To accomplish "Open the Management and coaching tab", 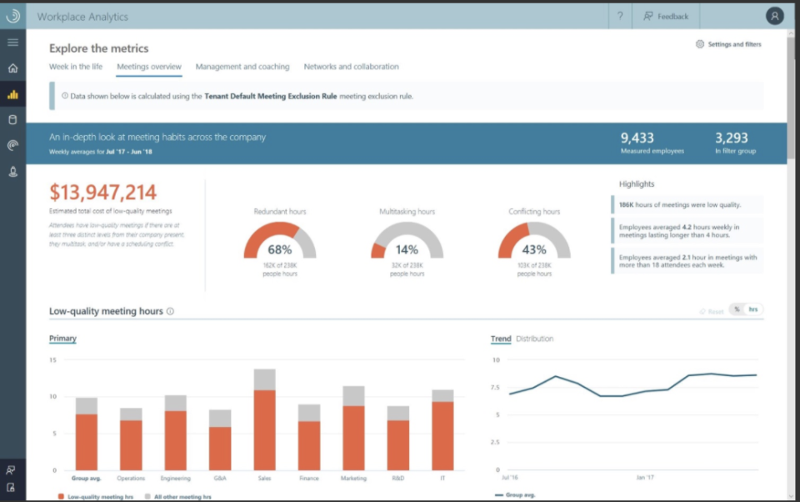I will (x=242, y=67).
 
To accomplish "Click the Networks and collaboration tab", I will (x=351, y=67).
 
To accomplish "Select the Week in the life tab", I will (x=76, y=67).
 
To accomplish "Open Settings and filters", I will (x=728, y=44).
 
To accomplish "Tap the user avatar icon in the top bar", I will (x=775, y=16).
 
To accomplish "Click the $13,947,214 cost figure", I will (x=102, y=193).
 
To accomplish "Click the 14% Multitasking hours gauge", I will (x=407, y=243).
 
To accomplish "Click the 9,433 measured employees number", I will (x=637, y=138).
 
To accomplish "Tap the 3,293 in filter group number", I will (x=732, y=138).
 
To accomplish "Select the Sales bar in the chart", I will (x=264, y=425).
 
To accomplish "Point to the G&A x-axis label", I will (x=220, y=479).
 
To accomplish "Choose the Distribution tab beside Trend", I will (x=534, y=339).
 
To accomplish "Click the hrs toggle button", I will (x=753, y=309).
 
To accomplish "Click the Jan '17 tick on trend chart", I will (x=644, y=479).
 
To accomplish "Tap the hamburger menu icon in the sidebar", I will (x=12, y=42).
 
